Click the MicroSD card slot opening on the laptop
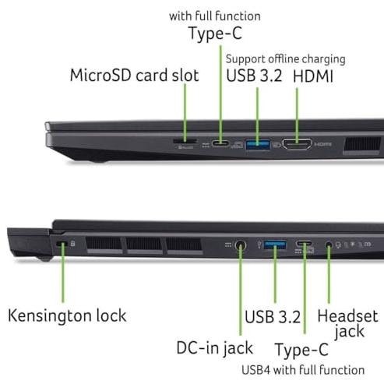click(185, 141)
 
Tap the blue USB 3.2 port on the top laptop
click(258, 145)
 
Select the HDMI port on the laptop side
click(297, 144)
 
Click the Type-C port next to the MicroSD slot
click(220, 143)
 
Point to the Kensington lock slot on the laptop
click(62, 244)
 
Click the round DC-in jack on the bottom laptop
click(241, 245)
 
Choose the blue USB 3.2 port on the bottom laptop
click(275, 245)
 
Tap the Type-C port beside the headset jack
click(304, 244)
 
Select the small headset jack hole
click(329, 245)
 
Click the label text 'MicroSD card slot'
click(135, 76)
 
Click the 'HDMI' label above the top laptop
click(313, 76)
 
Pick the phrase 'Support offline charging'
click(285, 59)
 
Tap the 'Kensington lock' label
click(67, 315)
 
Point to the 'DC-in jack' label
click(215, 348)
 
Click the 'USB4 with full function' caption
click(303, 370)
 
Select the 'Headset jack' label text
click(348, 324)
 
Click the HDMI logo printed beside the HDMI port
click(323, 144)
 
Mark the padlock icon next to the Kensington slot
click(73, 243)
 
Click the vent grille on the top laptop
click(362, 145)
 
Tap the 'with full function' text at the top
click(215, 16)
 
